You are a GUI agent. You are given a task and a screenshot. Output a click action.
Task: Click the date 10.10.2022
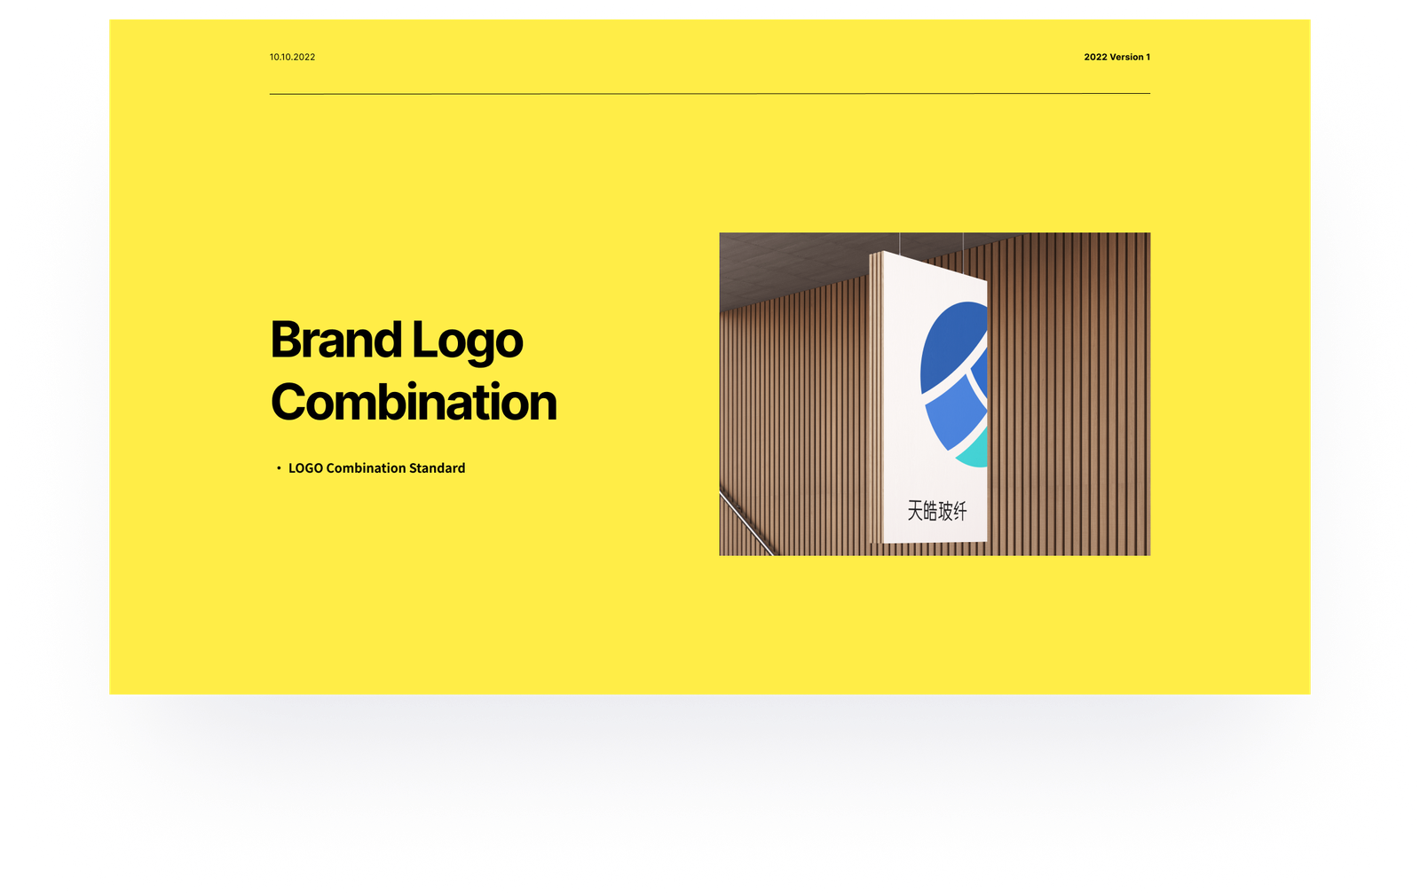pyautogui.click(x=292, y=57)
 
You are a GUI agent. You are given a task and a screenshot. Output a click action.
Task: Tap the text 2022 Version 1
pyautogui.click(x=1116, y=57)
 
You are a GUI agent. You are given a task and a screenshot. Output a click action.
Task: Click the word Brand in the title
pyautogui.click(x=336, y=340)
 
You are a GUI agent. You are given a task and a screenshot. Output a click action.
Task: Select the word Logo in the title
pyautogui.click(x=467, y=342)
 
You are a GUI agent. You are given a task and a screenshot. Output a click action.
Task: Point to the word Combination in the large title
pyautogui.click(x=414, y=403)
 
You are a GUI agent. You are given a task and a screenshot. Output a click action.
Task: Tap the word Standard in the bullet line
pyautogui.click(x=437, y=468)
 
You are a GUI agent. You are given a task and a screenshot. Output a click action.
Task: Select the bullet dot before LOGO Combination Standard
pyautogui.click(x=279, y=468)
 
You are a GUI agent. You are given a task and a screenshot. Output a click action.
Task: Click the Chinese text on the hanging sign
pyautogui.click(x=937, y=511)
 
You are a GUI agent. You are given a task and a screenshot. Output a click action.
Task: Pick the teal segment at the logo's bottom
pyautogui.click(x=973, y=451)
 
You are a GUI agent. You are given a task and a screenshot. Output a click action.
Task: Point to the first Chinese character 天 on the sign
pyautogui.click(x=915, y=510)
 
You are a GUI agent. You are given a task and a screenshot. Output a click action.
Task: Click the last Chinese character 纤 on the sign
pyautogui.click(x=959, y=512)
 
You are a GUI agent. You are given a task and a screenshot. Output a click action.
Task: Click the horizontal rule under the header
pyautogui.click(x=710, y=94)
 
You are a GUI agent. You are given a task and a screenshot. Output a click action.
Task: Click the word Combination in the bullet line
pyautogui.click(x=366, y=468)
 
